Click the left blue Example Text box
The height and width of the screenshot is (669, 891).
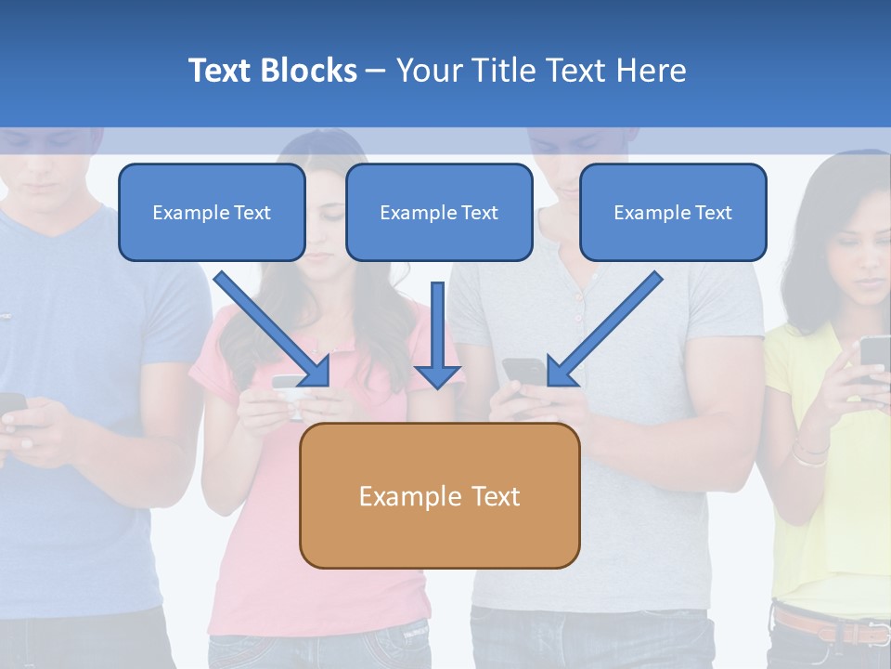coord(212,212)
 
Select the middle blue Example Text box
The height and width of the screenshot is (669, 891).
coord(439,212)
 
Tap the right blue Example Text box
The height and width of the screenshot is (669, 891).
coord(673,212)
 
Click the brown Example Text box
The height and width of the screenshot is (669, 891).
coord(439,495)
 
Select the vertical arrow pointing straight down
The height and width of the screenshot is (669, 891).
coord(438,334)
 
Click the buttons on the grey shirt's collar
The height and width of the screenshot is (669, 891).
coord(580,307)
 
